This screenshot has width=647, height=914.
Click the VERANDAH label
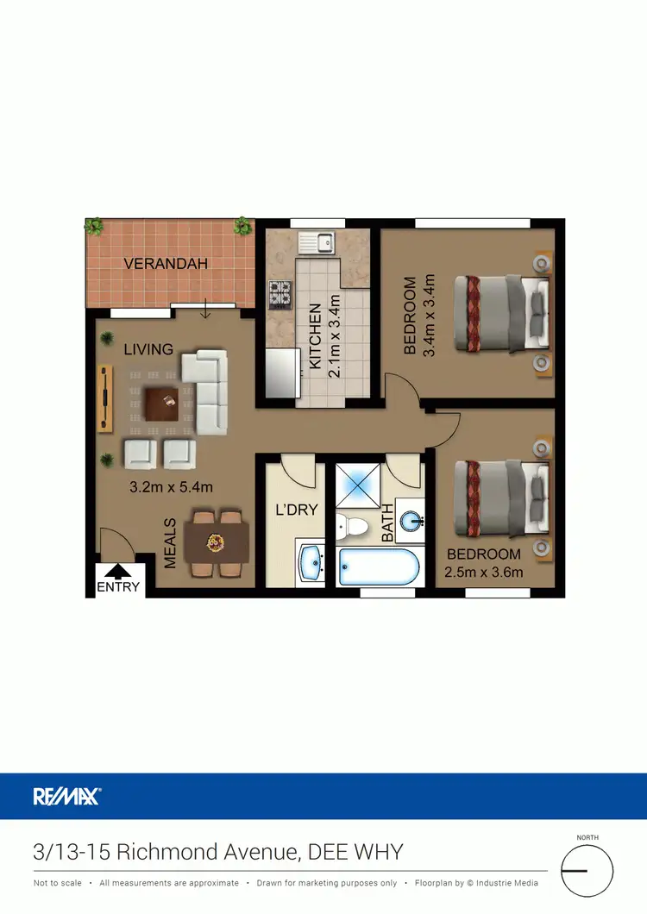tap(166, 264)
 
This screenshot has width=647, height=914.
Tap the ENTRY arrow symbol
tap(116, 570)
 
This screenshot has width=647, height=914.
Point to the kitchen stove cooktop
tap(280, 294)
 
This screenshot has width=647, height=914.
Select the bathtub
tap(379, 567)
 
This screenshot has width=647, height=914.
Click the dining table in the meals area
tap(217, 542)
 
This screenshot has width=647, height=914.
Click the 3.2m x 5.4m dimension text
tap(171, 487)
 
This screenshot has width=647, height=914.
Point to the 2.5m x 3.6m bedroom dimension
tap(483, 572)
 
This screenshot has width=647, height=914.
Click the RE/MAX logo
tap(67, 796)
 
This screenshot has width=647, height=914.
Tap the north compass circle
tap(587, 871)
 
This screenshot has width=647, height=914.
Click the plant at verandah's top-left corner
tap(93, 227)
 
